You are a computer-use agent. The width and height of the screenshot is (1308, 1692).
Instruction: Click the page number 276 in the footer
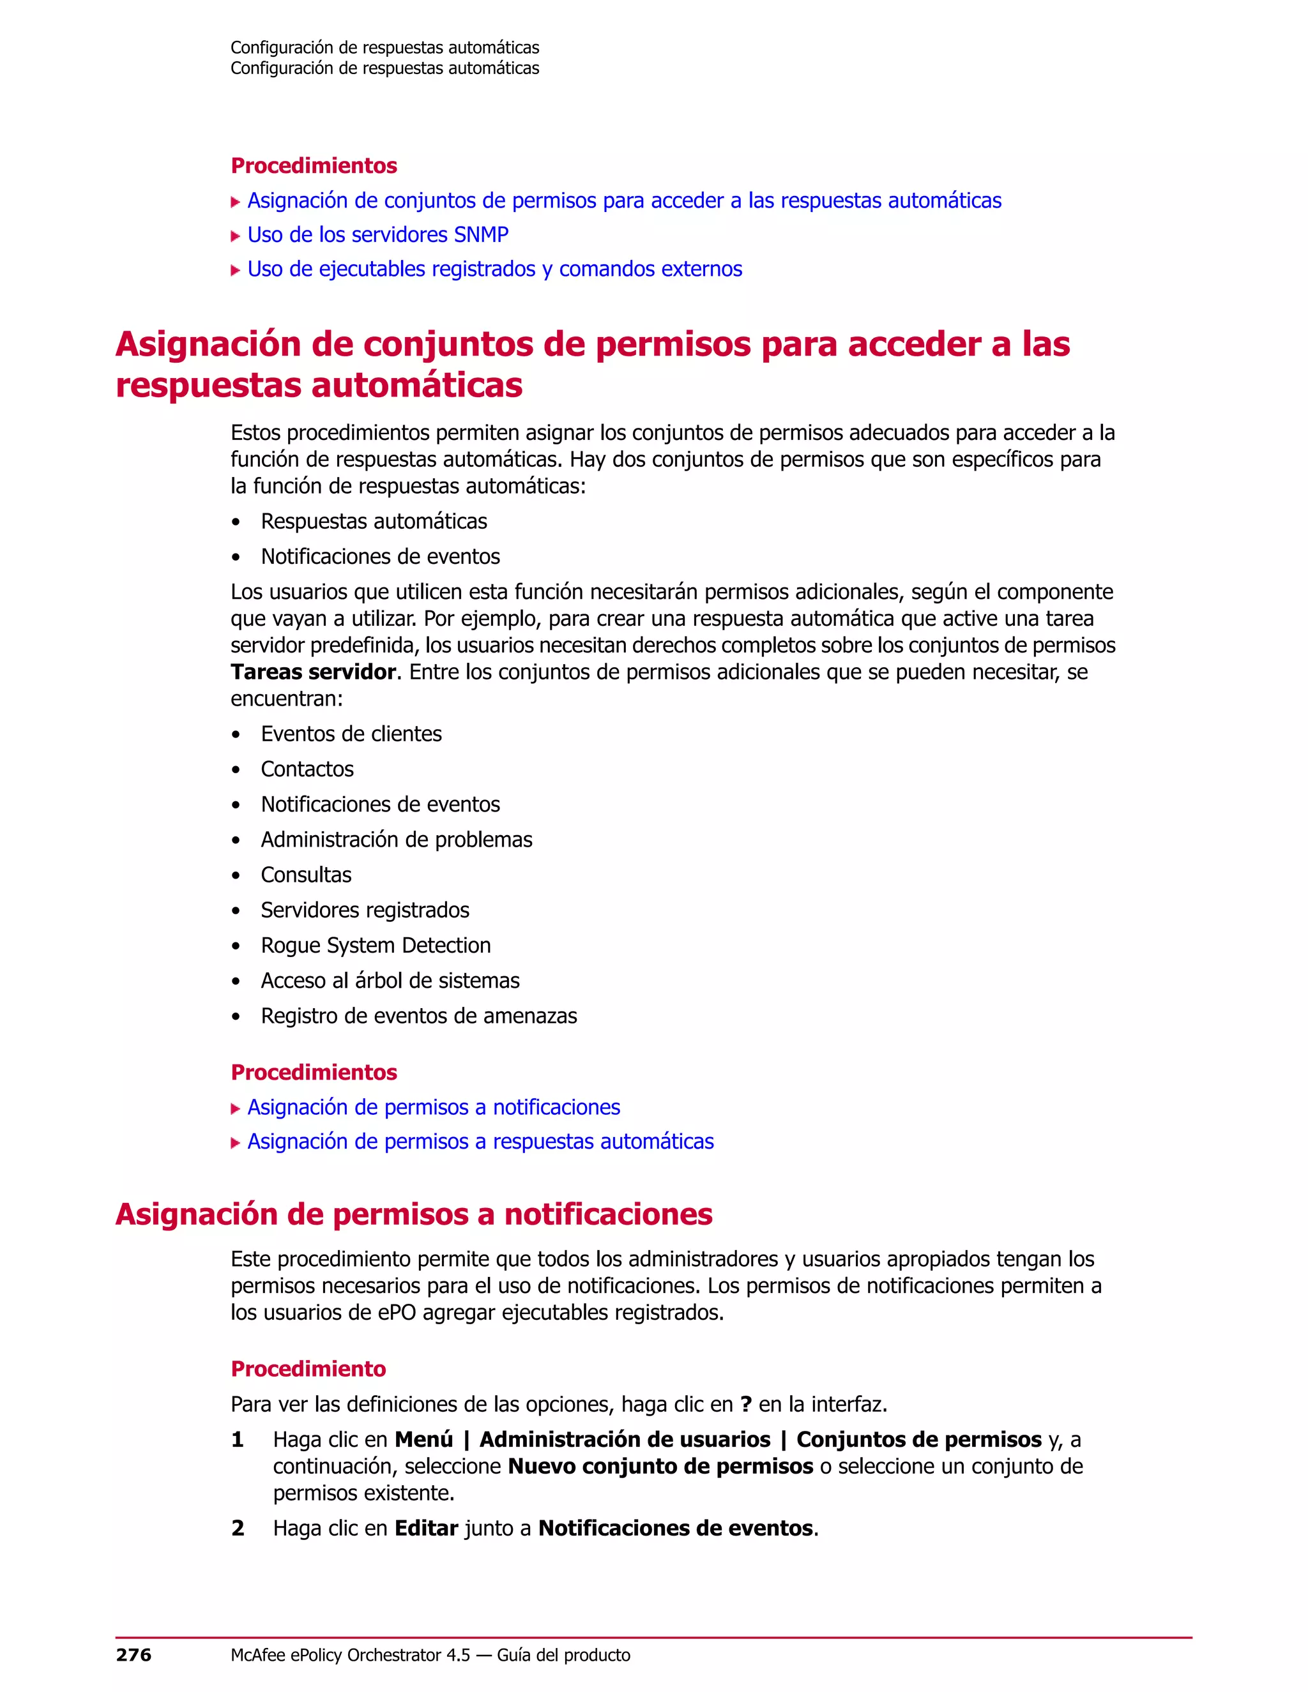click(x=133, y=1655)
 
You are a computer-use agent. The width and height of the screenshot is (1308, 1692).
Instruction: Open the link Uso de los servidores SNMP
click(x=377, y=235)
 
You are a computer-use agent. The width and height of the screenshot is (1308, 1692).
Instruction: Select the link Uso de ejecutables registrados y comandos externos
click(x=494, y=269)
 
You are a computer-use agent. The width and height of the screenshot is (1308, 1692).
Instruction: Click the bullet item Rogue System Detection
click(x=376, y=945)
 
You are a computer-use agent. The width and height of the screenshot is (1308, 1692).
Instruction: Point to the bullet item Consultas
click(x=306, y=875)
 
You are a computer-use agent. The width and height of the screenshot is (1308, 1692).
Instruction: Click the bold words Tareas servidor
click(x=313, y=672)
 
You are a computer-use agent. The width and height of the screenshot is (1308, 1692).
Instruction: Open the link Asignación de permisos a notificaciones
click(x=433, y=1107)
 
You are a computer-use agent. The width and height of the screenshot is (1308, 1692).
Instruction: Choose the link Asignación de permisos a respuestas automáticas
click(x=480, y=1141)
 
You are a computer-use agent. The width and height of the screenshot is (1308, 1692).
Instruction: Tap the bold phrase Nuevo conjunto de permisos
click(x=660, y=1466)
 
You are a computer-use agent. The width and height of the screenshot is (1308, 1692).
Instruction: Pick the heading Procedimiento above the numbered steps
click(x=308, y=1369)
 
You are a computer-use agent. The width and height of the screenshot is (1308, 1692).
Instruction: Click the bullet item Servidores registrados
click(x=365, y=910)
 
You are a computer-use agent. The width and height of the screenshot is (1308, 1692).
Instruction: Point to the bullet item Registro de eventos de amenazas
click(x=418, y=1016)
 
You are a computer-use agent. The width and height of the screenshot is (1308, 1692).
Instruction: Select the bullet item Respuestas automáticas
click(x=374, y=522)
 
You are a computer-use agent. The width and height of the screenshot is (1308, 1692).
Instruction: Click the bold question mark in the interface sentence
click(x=745, y=1405)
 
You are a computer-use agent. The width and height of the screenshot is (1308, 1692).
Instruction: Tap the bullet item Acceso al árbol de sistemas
click(x=390, y=981)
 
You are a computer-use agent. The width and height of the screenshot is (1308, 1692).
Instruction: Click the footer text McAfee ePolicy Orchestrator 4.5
click(x=350, y=1655)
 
